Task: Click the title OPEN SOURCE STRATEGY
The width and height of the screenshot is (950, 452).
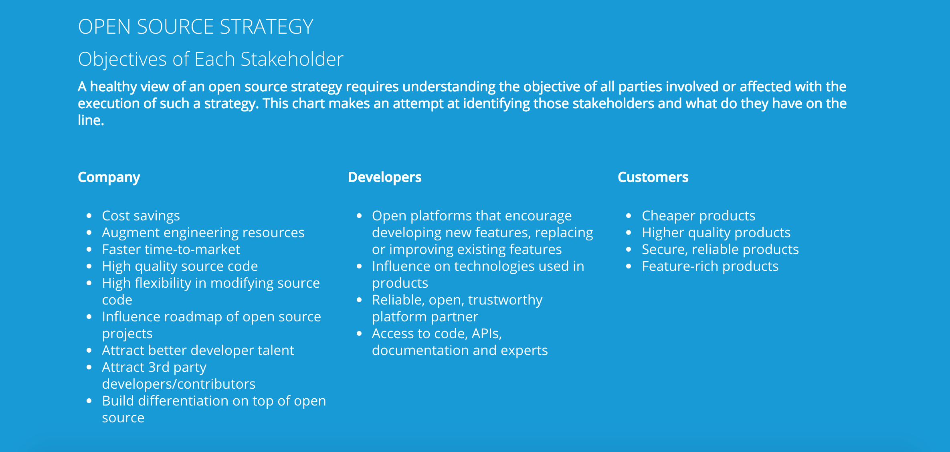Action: (x=196, y=27)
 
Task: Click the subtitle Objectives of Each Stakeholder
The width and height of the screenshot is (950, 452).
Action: (x=211, y=59)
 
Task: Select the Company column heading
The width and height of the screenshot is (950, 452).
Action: (x=109, y=178)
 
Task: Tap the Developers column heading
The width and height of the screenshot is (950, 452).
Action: (x=385, y=177)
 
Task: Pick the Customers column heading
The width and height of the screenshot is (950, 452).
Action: (x=653, y=177)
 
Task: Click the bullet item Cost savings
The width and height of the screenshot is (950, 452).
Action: (x=141, y=216)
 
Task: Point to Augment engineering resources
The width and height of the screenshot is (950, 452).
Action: (x=203, y=233)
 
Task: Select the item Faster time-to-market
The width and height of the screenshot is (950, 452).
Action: (x=171, y=250)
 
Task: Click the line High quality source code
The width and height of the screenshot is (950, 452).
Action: (x=180, y=266)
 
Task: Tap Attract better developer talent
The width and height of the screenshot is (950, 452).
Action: (x=198, y=351)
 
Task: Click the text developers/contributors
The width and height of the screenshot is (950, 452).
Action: (x=179, y=384)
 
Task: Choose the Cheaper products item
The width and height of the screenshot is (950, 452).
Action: (x=699, y=216)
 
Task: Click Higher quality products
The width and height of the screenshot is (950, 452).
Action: (x=716, y=233)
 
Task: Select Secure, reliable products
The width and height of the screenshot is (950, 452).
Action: (x=720, y=250)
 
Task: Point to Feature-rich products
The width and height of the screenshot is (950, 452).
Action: (x=710, y=266)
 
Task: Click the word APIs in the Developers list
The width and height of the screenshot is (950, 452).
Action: (x=487, y=334)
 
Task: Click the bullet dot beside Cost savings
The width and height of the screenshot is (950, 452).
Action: (x=89, y=216)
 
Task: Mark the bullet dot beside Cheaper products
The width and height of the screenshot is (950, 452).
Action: (x=629, y=216)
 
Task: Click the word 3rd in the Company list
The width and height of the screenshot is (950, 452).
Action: (x=159, y=367)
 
